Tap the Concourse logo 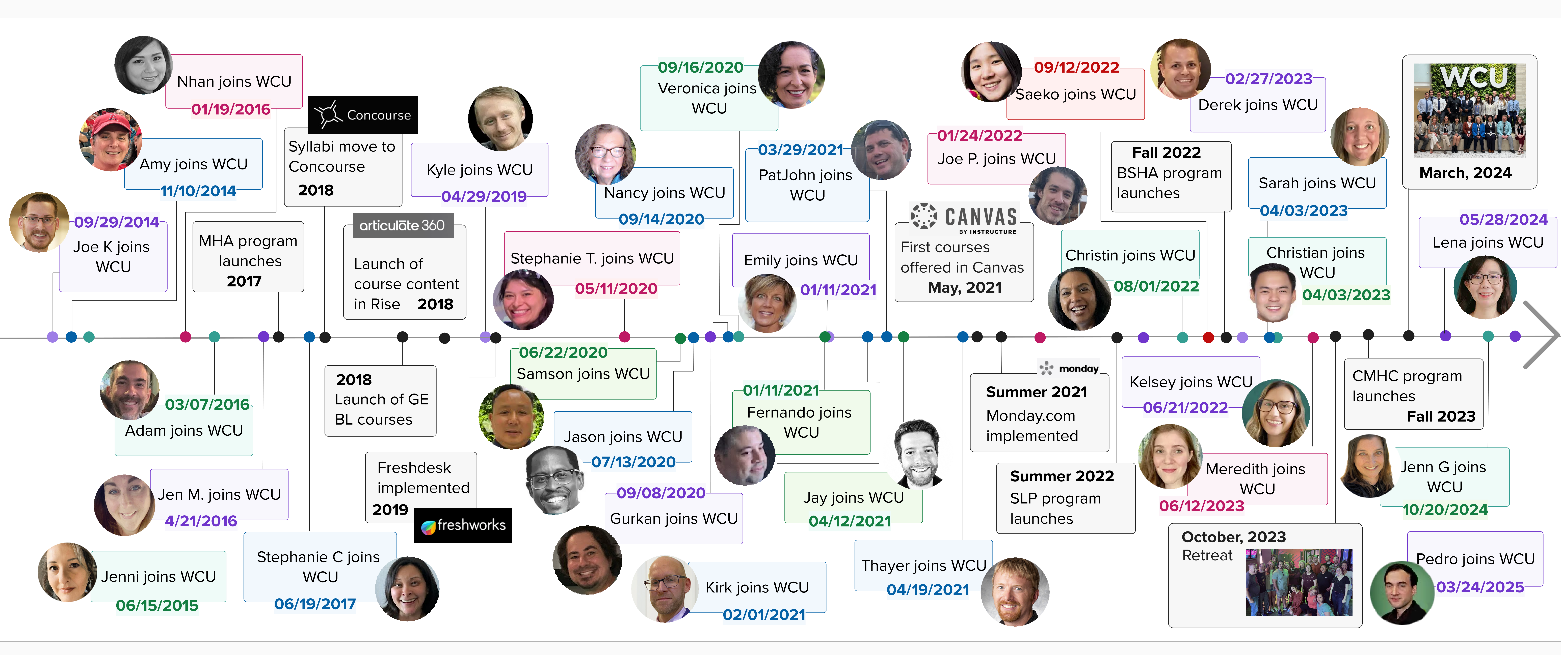click(362, 114)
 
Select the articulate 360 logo click(402, 225)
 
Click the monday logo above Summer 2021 click(1070, 368)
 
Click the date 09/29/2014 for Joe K click(116, 222)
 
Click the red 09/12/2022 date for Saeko click(1076, 67)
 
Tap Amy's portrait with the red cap click(110, 140)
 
